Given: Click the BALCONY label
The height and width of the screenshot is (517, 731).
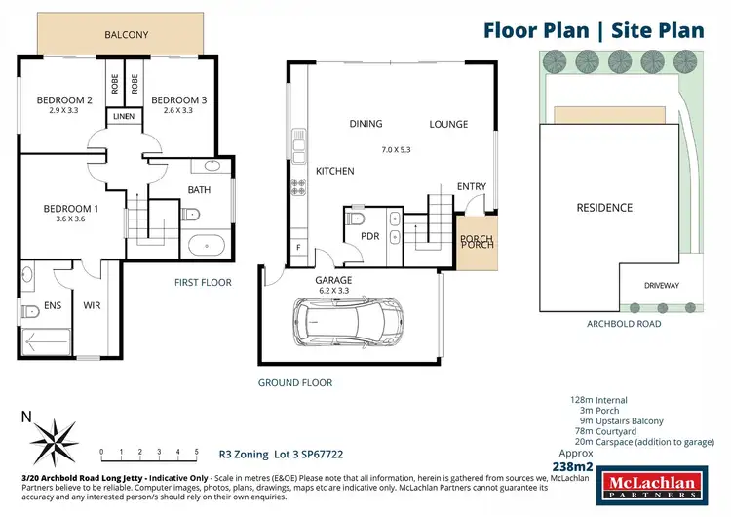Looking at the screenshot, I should click(x=127, y=36).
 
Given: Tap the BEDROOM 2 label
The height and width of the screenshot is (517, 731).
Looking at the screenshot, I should click(x=64, y=99).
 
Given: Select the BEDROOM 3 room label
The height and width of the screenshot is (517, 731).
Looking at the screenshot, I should click(x=178, y=99).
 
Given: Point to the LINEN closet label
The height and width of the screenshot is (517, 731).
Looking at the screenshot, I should click(x=124, y=117).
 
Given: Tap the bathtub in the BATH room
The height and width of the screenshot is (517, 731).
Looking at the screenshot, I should click(x=206, y=244).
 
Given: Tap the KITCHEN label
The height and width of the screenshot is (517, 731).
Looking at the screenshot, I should click(x=334, y=171).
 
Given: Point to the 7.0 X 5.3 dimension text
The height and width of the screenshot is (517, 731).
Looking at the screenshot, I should click(x=397, y=149).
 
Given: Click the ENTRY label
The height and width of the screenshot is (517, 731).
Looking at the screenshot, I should click(x=471, y=187).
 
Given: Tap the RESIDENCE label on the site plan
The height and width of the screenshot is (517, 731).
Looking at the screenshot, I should click(x=604, y=207).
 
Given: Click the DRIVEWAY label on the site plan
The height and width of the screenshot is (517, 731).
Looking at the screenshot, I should click(x=661, y=286).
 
